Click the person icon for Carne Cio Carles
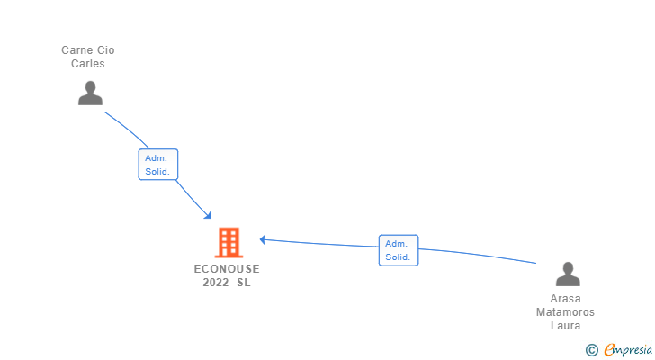pos(90,93)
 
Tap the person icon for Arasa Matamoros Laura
pos(567,274)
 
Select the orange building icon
pos(229,242)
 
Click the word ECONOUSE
pos(227,269)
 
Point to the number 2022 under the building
pos(216,283)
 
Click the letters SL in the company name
pos(244,283)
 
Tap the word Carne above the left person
pos(76,50)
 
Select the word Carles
pos(88,64)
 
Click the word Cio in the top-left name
pos(105,50)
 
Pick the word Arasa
pos(566,299)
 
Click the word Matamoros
pos(566,312)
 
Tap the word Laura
pos(566,326)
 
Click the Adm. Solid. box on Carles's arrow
pos(157,165)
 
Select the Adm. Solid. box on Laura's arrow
pos(398,250)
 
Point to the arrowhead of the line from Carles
pos(208,215)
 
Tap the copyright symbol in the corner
pos(591,350)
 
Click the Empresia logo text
pos(627,350)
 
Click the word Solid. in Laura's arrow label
pos(398,257)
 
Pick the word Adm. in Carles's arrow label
pos(157,157)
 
